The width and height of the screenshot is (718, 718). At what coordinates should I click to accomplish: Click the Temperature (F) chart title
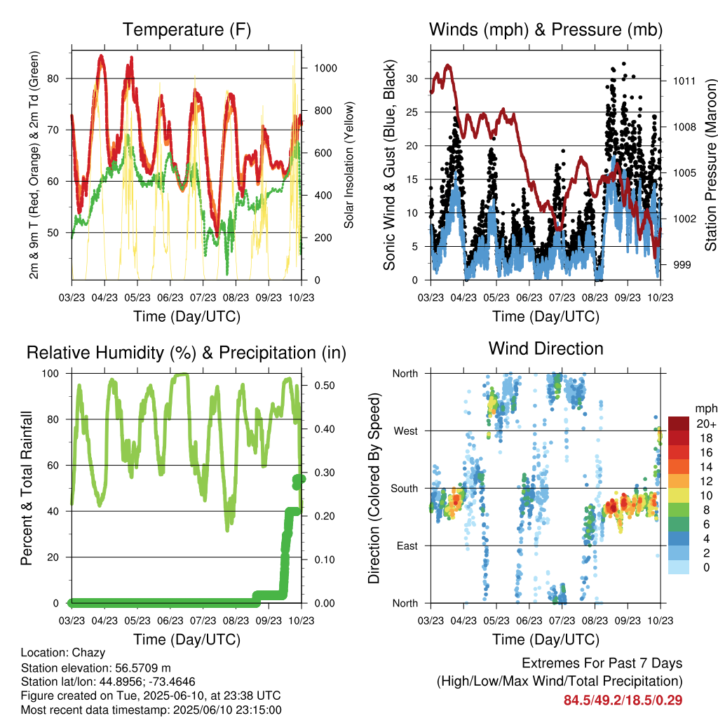pyautogui.click(x=187, y=29)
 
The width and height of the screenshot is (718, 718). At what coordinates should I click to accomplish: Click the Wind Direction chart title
pyautogui.click(x=546, y=348)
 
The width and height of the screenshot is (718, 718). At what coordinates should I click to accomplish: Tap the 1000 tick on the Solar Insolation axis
pyautogui.click(x=325, y=68)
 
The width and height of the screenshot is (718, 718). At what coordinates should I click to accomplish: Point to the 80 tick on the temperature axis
pyautogui.click(x=53, y=79)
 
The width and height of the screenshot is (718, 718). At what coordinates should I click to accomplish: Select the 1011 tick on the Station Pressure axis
pyautogui.click(x=684, y=81)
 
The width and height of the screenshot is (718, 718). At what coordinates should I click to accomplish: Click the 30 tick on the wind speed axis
pyautogui.click(x=412, y=79)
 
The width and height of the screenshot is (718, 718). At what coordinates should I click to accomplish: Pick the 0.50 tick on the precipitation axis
pyautogui.click(x=325, y=386)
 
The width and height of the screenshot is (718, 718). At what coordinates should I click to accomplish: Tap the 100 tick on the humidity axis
pyautogui.click(x=50, y=373)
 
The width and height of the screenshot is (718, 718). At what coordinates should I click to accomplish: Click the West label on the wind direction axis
pyautogui.click(x=406, y=431)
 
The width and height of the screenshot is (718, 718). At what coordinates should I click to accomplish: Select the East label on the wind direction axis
pyautogui.click(x=407, y=546)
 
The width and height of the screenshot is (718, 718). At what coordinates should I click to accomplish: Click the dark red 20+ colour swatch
pyautogui.click(x=679, y=424)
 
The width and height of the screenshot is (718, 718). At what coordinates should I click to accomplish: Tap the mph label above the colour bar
pyautogui.click(x=705, y=409)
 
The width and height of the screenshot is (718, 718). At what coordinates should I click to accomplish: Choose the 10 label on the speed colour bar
pyautogui.click(x=706, y=495)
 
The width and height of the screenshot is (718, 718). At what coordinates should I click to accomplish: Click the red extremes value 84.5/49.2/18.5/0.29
pyautogui.click(x=623, y=700)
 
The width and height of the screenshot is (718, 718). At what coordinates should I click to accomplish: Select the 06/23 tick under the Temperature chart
pyautogui.click(x=170, y=297)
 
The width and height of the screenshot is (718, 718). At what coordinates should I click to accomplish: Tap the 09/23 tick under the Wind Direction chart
pyautogui.click(x=628, y=621)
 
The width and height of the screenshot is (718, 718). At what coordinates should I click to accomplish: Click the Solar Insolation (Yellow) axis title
pyautogui.click(x=349, y=165)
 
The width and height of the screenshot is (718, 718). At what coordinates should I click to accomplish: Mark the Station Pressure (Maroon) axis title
pyautogui.click(x=711, y=165)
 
